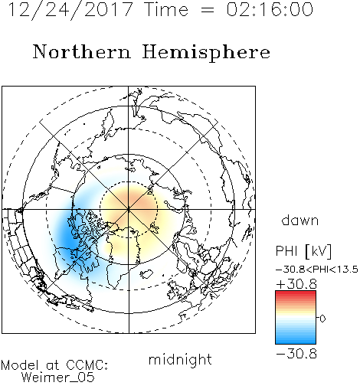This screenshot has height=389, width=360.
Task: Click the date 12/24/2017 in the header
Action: [70, 10]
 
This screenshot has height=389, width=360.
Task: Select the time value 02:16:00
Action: [270, 10]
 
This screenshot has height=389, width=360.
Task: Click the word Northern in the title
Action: [82, 52]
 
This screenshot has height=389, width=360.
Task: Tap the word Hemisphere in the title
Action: [206, 52]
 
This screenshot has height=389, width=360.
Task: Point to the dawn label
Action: [299, 221]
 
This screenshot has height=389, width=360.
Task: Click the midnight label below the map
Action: [180, 359]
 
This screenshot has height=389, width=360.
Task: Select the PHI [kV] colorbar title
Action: [303, 251]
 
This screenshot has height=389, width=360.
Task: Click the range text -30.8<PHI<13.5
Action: [317, 270]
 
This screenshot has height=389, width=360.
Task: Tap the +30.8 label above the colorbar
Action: [296, 284]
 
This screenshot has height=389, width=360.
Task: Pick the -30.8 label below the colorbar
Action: [296, 354]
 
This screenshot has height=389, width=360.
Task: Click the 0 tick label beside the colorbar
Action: [322, 319]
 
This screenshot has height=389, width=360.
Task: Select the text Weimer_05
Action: [58, 377]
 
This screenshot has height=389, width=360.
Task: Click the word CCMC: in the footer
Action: [87, 365]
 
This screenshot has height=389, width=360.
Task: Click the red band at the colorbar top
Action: [296, 294]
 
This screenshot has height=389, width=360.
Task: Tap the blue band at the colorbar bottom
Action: [296, 341]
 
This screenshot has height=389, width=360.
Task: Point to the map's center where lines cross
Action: [129, 209]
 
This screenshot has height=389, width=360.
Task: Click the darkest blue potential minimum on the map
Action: [68, 237]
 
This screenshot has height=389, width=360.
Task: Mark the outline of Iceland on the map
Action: [146, 274]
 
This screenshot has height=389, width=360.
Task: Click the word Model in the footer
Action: [20, 365]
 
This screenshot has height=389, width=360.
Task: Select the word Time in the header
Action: [166, 10]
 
